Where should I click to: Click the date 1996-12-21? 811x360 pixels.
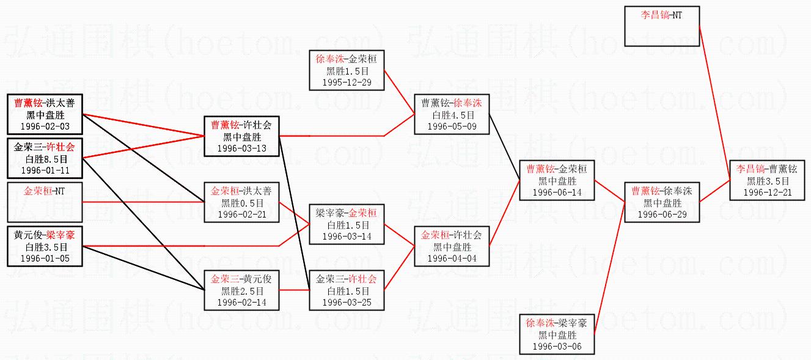point(766,193)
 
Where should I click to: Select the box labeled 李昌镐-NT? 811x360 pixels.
point(662,26)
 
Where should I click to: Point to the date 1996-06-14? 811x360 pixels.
point(557,193)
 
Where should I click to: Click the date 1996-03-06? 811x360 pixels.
point(557,347)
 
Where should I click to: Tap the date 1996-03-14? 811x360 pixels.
point(347,237)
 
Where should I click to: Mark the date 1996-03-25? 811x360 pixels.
point(347,303)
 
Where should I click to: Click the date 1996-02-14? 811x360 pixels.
point(242,303)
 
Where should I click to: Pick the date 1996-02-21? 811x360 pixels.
point(242,215)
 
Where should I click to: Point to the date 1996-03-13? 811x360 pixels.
point(242,149)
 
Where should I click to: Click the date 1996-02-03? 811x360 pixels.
point(44,127)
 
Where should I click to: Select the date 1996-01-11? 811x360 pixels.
point(44,170)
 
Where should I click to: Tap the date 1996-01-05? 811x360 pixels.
point(44,259)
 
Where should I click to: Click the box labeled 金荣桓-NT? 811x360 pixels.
point(44,202)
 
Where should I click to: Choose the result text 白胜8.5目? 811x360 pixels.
point(44,159)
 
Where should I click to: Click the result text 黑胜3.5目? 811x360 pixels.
point(766,182)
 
